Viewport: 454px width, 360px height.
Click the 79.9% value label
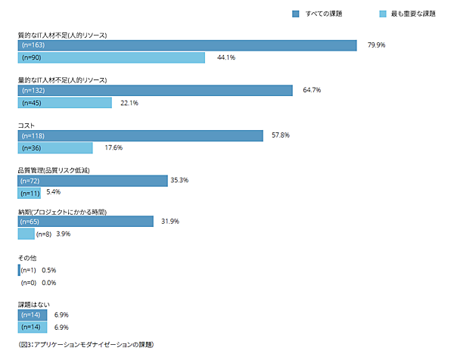[x=377, y=45]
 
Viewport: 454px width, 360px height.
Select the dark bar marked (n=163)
[x=187, y=45]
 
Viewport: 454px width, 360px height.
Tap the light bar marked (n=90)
[x=111, y=57]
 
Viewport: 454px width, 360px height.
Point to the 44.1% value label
[x=226, y=57]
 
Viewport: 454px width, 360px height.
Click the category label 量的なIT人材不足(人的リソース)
[x=62, y=80]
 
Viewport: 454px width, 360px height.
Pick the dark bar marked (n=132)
[x=155, y=91]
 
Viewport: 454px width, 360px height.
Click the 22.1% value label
[x=129, y=103]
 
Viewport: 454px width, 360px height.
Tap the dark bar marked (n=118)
[x=144, y=135]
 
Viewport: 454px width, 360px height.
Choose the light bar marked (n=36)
[x=54, y=147]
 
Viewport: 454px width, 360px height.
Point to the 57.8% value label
[x=281, y=135]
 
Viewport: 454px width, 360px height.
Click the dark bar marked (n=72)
[x=92, y=181]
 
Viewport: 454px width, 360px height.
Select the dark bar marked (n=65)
[x=86, y=222]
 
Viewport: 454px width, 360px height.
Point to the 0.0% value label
[x=49, y=283]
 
